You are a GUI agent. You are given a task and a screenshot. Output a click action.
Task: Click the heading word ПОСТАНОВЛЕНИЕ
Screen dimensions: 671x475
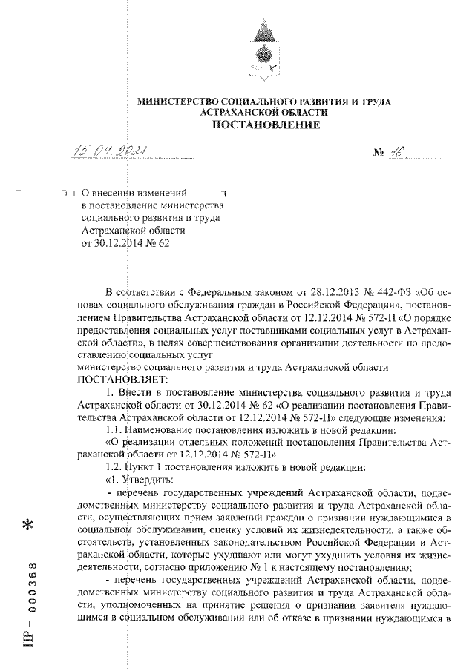(266, 125)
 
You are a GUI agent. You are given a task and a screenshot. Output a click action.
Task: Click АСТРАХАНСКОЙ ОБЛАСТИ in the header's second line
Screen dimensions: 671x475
(265, 111)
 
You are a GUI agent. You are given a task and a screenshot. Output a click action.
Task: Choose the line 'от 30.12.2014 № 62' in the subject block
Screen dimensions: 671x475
(125, 242)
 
